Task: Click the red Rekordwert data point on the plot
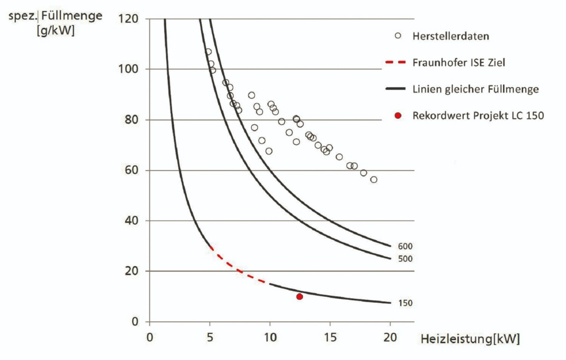coord(299,296)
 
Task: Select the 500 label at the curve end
coord(405,259)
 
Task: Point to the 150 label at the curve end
coord(405,303)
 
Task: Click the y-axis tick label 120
coord(128,19)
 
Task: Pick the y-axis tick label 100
coord(128,69)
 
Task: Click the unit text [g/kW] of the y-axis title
coord(56,31)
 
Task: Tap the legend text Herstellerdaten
coord(450,36)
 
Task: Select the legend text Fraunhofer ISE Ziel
coord(459,63)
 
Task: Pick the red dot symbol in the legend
coord(398,115)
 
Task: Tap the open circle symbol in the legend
coord(398,36)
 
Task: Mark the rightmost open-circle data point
coord(374,180)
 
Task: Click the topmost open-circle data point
coord(208,52)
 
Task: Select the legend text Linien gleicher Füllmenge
coord(475,89)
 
